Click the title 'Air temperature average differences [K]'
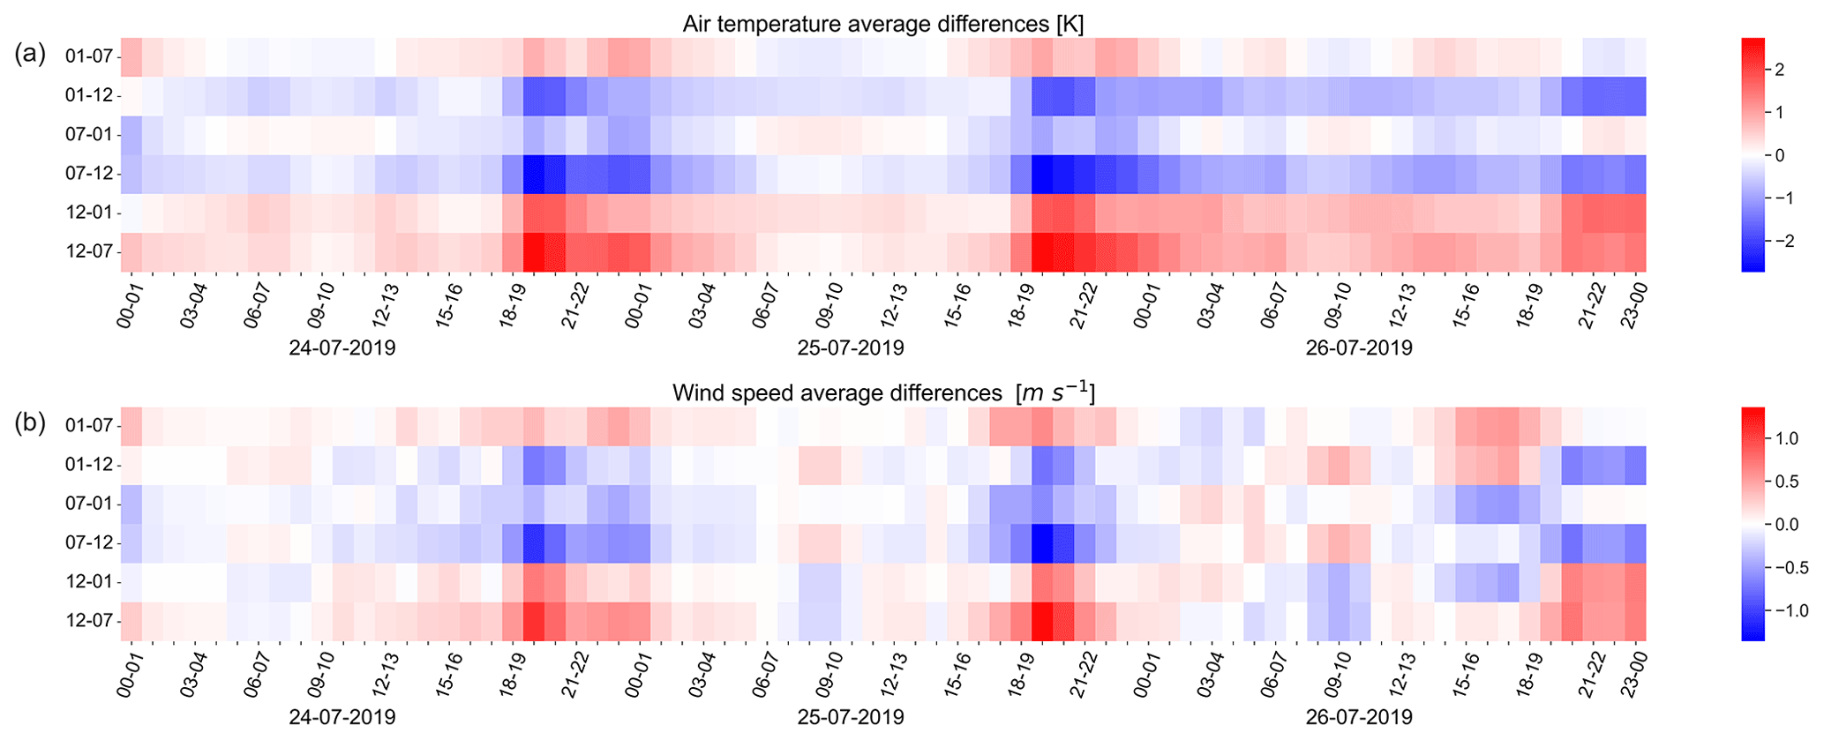[x=882, y=24]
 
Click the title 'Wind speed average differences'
[x=882, y=392]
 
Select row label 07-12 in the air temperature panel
[x=89, y=174]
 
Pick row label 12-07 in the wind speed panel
[x=89, y=621]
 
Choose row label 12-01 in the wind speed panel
[x=89, y=582]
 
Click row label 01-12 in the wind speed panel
[x=89, y=465]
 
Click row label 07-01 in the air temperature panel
[x=89, y=135]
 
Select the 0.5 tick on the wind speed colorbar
[x=1786, y=482]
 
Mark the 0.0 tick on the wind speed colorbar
[x=1786, y=525]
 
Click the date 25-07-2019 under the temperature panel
[x=851, y=348]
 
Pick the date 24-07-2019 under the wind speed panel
[x=342, y=717]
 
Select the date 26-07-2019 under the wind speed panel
[x=1359, y=717]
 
